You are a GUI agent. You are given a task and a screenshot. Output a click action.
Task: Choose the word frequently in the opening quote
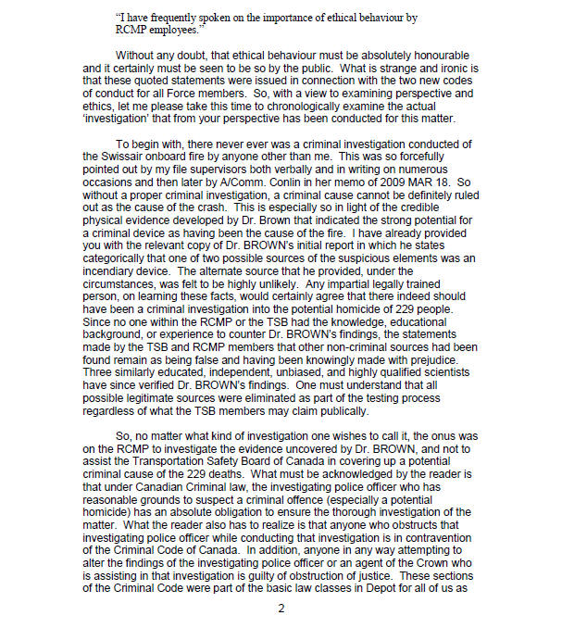(x=173, y=13)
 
